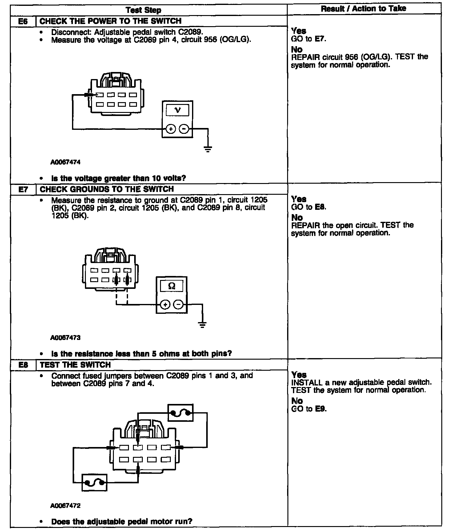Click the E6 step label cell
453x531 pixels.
(x=23, y=21)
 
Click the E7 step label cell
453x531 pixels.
(x=23, y=189)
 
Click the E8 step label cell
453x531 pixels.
(x=23, y=365)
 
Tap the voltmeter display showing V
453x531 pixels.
(x=178, y=110)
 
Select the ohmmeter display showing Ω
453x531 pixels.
(x=172, y=286)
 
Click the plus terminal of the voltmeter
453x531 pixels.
(x=170, y=129)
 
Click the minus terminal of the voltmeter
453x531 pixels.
(x=184, y=129)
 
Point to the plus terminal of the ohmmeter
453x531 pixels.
(x=165, y=305)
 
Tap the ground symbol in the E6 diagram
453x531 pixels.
(x=208, y=150)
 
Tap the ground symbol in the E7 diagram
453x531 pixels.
(x=202, y=325)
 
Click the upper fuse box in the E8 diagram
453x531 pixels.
(x=181, y=413)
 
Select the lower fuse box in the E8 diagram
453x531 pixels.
(x=94, y=483)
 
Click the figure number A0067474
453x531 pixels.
(x=65, y=162)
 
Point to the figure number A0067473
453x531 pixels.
(x=65, y=338)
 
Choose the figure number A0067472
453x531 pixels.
(x=65, y=506)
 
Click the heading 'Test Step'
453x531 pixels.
(x=143, y=10)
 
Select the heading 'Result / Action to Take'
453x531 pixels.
(x=363, y=9)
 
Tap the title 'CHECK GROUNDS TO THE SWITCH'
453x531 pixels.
(x=107, y=189)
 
